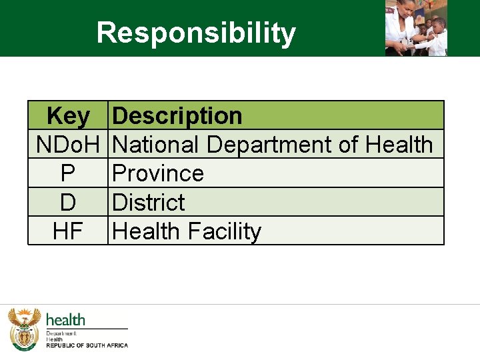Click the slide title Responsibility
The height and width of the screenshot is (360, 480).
pos(195,33)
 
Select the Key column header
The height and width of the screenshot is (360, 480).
pos(68,116)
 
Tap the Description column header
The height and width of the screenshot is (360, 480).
pos(177,116)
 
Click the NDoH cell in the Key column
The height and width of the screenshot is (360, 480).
pos(68,145)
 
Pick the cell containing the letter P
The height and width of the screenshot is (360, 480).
pos(68,173)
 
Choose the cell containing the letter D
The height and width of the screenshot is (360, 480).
pos(68,202)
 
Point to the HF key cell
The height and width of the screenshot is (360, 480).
pos(68,231)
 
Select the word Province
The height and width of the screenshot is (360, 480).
pos(158,173)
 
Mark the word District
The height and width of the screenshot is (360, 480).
pos(149,202)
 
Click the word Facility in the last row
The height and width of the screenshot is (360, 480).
pos(225,232)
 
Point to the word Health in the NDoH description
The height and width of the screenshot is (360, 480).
pos(399,145)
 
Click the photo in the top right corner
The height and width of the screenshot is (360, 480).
pos(416,28)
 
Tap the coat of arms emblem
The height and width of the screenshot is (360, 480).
pos(25,329)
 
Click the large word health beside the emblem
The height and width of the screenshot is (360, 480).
pos(65,320)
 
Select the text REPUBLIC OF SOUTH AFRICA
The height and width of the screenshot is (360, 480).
pos(87,345)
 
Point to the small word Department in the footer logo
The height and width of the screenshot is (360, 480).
pos(61,333)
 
